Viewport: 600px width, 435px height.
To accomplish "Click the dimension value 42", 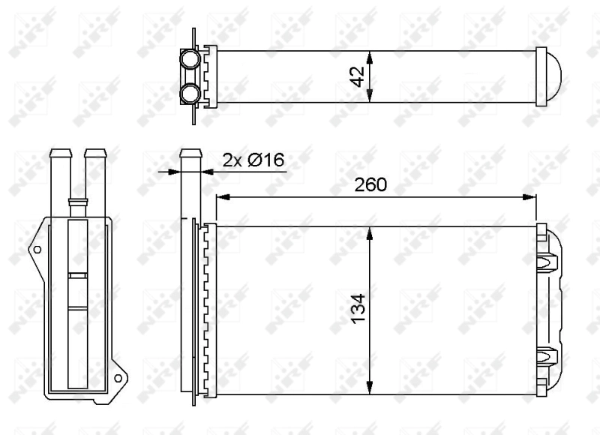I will pos(358,76).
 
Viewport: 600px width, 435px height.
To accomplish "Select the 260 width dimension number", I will pos(371,184).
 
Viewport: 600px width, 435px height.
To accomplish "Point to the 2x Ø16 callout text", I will pos(253,159).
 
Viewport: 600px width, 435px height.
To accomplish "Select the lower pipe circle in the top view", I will pos(190,94).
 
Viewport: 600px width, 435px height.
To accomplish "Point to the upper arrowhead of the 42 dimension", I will pos(370,55).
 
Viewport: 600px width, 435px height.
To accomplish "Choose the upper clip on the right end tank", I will pos(547,262).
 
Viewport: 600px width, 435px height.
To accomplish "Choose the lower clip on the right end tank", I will pos(547,355).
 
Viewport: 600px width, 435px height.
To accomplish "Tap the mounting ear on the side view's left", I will pos(36,249).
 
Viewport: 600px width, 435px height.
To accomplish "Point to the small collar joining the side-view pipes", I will pos(76,201).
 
